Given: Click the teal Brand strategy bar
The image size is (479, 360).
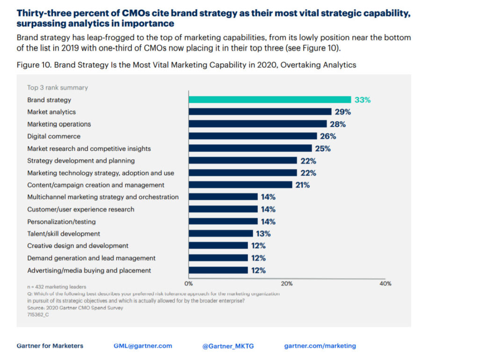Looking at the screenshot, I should coord(269,100).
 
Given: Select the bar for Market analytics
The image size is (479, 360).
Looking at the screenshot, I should coord(260,112).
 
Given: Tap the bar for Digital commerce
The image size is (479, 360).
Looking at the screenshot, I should coord(253,136).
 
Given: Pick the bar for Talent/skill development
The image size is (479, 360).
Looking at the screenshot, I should coord(221,234).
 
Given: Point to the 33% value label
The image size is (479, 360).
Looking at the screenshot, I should coord(363,100).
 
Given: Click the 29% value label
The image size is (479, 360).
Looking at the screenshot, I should coord(343,112).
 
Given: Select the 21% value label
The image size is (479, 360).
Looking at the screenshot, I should coord(302,185).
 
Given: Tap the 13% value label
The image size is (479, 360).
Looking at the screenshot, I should coord(263,234).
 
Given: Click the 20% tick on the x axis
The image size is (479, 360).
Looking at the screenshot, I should coord(287,283).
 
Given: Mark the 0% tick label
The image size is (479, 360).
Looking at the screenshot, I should coord(189,283).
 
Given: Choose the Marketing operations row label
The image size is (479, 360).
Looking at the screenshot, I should coord(59,124).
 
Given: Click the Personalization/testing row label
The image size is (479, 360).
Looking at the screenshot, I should coord(61,221).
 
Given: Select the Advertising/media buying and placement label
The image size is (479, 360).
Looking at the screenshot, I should coord(89,270).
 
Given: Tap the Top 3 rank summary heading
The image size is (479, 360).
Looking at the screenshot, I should coord(58,88).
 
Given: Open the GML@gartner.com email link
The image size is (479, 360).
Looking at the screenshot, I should coord(143,346).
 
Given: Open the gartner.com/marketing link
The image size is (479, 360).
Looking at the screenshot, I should coord(320,346).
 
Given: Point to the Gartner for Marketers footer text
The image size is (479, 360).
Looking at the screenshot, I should coord(50,346).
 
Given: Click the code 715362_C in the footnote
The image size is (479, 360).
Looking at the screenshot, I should coord(38,315).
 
